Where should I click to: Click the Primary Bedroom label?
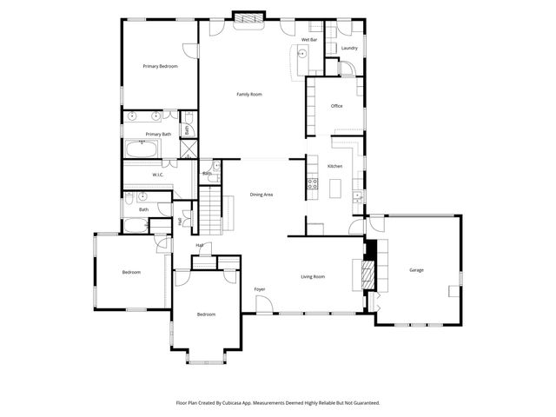point(161,66)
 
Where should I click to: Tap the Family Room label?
point(249,94)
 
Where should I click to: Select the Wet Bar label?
point(308,40)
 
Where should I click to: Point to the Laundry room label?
point(349,49)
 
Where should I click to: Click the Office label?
point(336,106)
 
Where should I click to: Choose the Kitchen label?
point(334,166)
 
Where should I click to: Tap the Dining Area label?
point(261,195)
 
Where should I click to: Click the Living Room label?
point(313,276)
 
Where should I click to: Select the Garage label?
point(416,270)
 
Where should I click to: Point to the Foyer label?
point(259,288)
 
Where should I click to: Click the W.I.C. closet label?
point(158,175)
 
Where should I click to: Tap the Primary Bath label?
point(158,134)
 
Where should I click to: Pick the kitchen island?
point(334,187)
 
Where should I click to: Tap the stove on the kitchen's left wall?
point(309,183)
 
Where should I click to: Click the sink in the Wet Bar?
point(301,54)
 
